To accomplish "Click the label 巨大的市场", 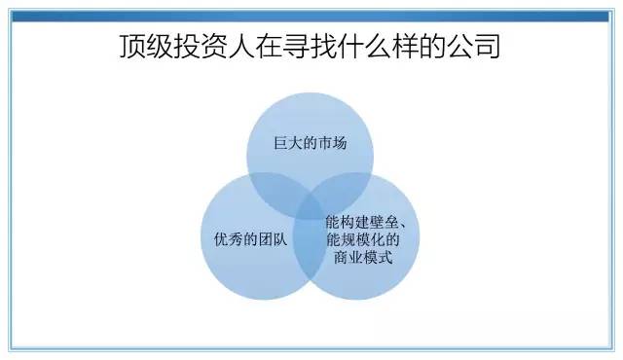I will point(310,146).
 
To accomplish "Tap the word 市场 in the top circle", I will point(333,146).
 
